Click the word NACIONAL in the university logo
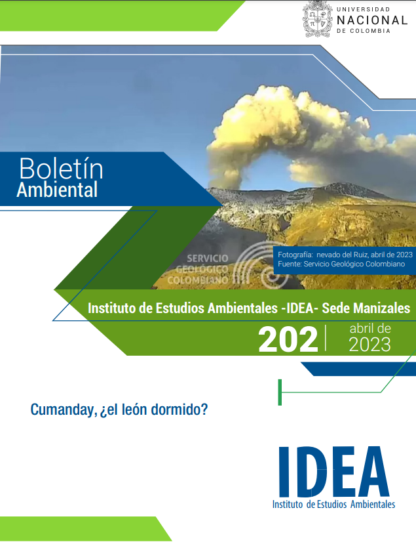coord(371,20)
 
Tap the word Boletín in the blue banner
coord(61,169)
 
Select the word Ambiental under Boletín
coord(57,190)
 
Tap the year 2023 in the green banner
coord(369,344)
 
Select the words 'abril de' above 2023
coord(370,327)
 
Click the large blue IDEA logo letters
coord(333,472)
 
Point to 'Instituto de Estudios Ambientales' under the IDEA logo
coord(333,505)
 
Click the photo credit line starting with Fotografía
coord(345,254)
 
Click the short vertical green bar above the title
coord(280,392)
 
